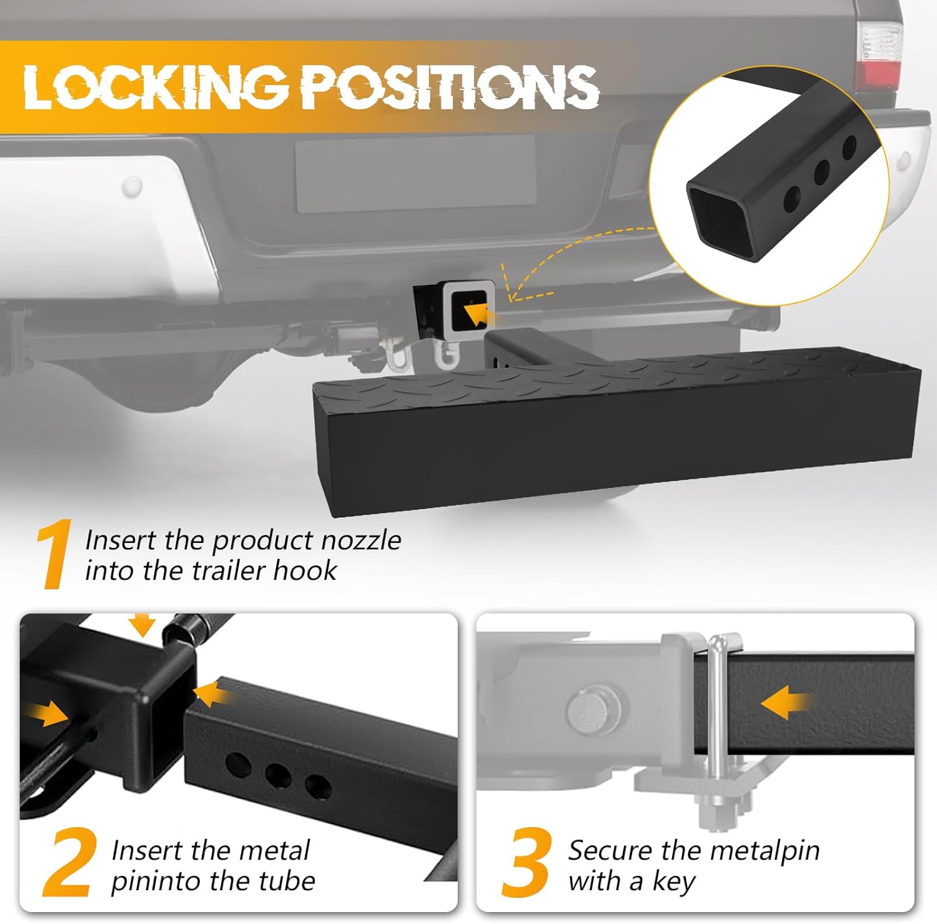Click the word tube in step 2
(287, 881)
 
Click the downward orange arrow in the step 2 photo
(144, 624)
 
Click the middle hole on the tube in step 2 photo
(277, 775)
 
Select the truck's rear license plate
(415, 173)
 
